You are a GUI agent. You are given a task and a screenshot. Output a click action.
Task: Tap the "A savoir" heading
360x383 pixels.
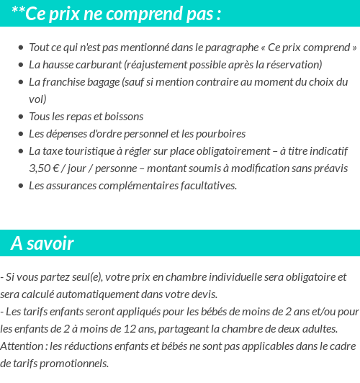pyautogui.click(x=42, y=243)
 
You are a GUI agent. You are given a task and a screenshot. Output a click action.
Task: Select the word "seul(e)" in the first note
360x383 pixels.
pyautogui.click(x=86, y=276)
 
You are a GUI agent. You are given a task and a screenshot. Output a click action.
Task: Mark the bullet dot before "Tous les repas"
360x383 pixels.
pyautogui.click(x=21, y=116)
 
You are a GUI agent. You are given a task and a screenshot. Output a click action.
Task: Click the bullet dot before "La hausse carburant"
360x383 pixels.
pyautogui.click(x=21, y=64)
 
